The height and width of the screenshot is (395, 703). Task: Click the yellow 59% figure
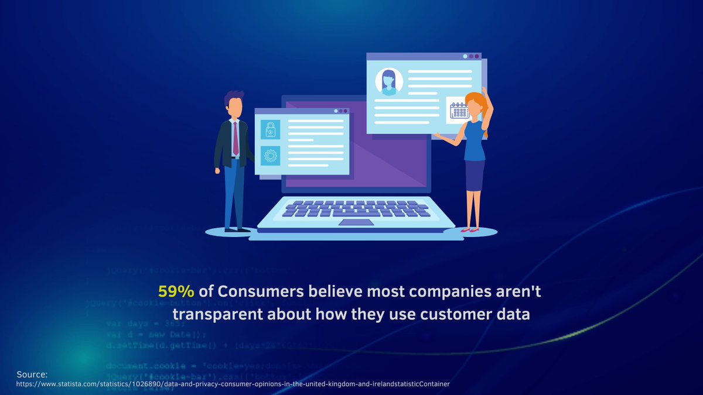click(176, 291)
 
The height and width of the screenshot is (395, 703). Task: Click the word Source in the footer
click(32, 375)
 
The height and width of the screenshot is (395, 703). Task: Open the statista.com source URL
click(233, 384)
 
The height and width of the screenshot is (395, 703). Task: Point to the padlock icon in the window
click(270, 129)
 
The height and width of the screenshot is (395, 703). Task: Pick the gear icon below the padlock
click(270, 156)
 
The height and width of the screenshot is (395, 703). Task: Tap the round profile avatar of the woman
click(388, 82)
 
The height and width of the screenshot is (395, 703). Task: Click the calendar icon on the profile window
click(459, 110)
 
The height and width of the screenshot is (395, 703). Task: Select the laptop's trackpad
click(356, 222)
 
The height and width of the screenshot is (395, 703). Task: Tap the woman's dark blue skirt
click(475, 176)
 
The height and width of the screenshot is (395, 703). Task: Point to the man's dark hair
click(234, 97)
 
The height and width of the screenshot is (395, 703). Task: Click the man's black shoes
click(237, 229)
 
